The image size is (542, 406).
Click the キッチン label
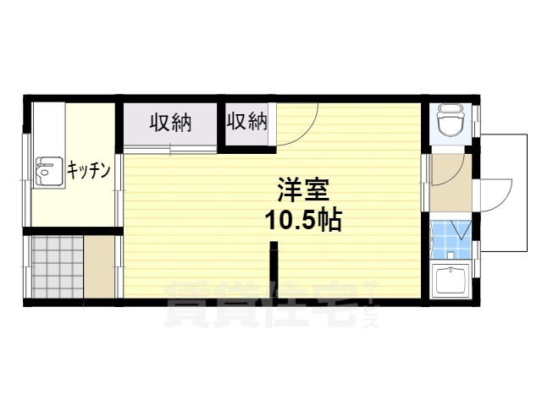tap(88, 170)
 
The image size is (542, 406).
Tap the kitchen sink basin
tap(49, 171)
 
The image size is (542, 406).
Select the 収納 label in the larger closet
tap(170, 123)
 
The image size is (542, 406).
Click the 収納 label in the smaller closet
tap(246, 121)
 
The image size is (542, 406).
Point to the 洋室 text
tap(303, 189)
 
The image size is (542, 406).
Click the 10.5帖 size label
tap(303, 220)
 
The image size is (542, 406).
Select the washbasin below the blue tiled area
tap(451, 279)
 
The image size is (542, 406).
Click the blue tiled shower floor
tap(451, 239)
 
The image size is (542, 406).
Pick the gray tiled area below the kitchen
tap(58, 266)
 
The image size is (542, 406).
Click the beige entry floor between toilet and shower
tap(451, 183)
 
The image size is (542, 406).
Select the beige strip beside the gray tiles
tap(99, 266)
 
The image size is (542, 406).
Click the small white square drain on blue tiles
tap(451, 255)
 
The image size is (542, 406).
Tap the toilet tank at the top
tap(450, 109)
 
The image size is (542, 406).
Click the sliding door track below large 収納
tap(170, 149)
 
